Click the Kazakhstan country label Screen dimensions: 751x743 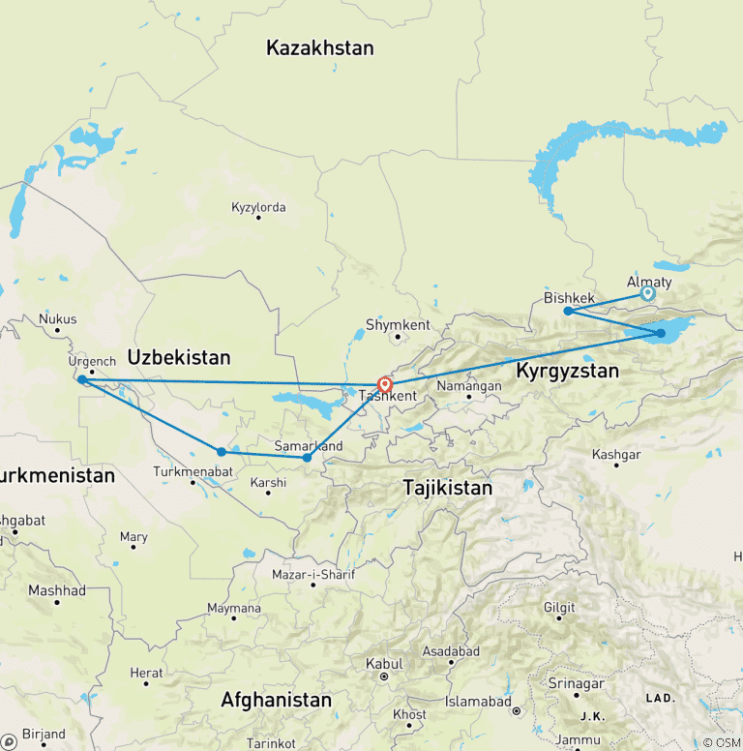(x=319, y=47)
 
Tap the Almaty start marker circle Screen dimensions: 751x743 (x=648, y=293)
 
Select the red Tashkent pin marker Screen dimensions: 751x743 (x=384, y=383)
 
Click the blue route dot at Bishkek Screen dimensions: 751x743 (x=568, y=311)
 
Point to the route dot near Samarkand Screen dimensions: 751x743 (x=307, y=457)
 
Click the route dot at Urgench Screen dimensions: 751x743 (x=82, y=380)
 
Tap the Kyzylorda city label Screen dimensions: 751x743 (x=258, y=207)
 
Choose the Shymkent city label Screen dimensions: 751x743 (x=398, y=325)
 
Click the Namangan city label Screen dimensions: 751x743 (x=469, y=385)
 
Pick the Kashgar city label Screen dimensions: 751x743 (x=615, y=454)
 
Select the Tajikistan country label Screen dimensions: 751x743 (x=447, y=489)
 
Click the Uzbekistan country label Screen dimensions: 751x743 (x=179, y=357)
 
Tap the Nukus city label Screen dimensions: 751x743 (x=57, y=318)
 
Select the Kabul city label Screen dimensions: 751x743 (x=383, y=664)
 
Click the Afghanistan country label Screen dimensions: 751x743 (x=276, y=699)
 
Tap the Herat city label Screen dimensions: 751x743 (x=147, y=673)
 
